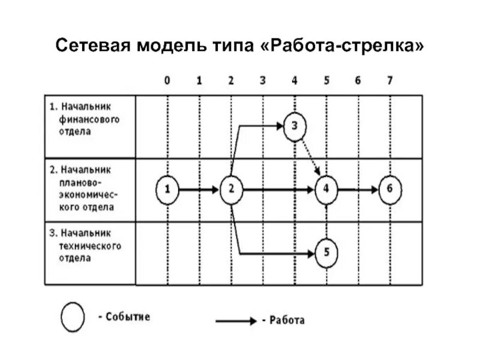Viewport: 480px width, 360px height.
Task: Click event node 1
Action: [167, 190]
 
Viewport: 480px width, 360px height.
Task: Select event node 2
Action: [230, 190]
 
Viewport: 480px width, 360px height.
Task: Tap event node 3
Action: [295, 126]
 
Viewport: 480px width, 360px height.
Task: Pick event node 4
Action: [326, 190]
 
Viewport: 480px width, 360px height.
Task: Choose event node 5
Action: [326, 253]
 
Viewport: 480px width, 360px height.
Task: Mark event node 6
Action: [389, 190]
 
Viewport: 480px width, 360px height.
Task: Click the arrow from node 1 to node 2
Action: [199, 190]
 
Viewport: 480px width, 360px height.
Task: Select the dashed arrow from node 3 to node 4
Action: [310, 157]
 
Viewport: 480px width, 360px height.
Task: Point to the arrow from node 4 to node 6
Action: [358, 190]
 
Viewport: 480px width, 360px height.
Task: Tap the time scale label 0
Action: [167, 81]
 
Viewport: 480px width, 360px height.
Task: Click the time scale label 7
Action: [390, 81]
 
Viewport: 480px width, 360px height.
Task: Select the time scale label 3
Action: [262, 81]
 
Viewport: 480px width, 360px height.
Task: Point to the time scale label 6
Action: [358, 81]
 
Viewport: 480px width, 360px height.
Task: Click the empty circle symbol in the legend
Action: [73, 317]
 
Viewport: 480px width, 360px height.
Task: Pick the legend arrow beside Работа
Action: [236, 320]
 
